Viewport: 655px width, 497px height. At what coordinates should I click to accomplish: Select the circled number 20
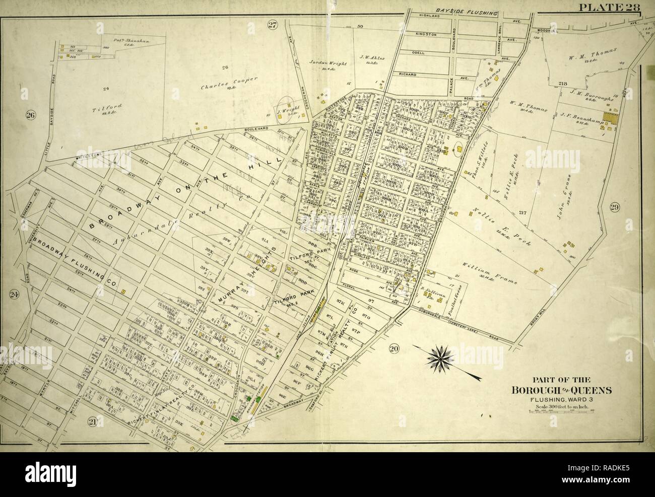coord(394,348)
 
